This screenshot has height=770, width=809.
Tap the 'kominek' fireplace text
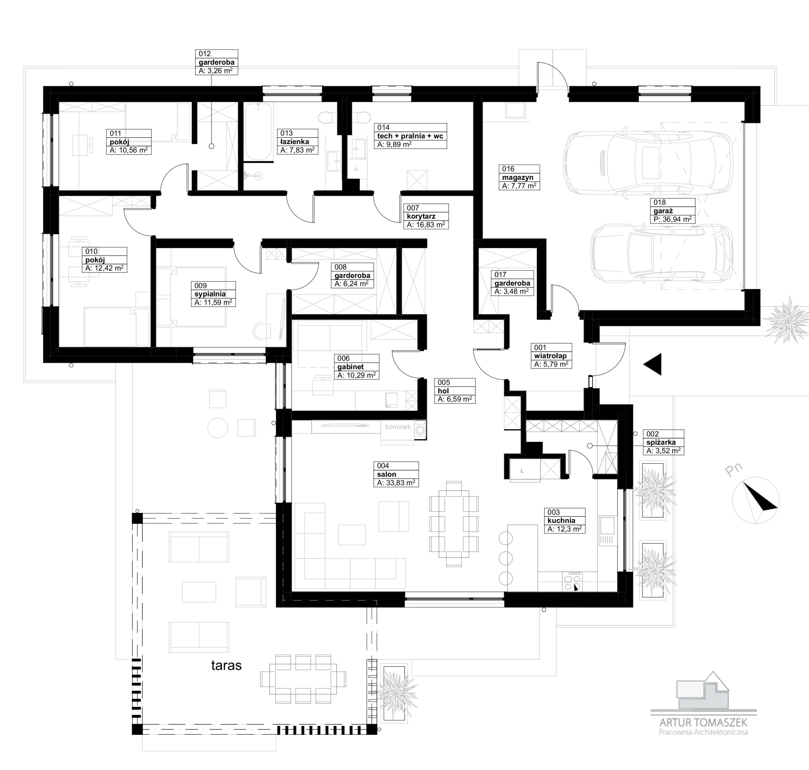(398, 427)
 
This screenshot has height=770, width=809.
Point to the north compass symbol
(756, 502)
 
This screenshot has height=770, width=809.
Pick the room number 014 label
(384, 128)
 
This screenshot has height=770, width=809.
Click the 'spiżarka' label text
(660, 443)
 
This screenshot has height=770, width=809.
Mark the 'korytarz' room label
(421, 216)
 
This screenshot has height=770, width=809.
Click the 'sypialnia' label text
(210, 294)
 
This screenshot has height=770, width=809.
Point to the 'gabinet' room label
(351, 367)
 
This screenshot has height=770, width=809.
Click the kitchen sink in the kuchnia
(607, 524)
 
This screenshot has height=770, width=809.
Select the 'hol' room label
(443, 391)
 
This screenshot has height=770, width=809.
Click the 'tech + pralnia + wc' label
(410, 136)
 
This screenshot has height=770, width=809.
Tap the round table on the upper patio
(217, 428)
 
